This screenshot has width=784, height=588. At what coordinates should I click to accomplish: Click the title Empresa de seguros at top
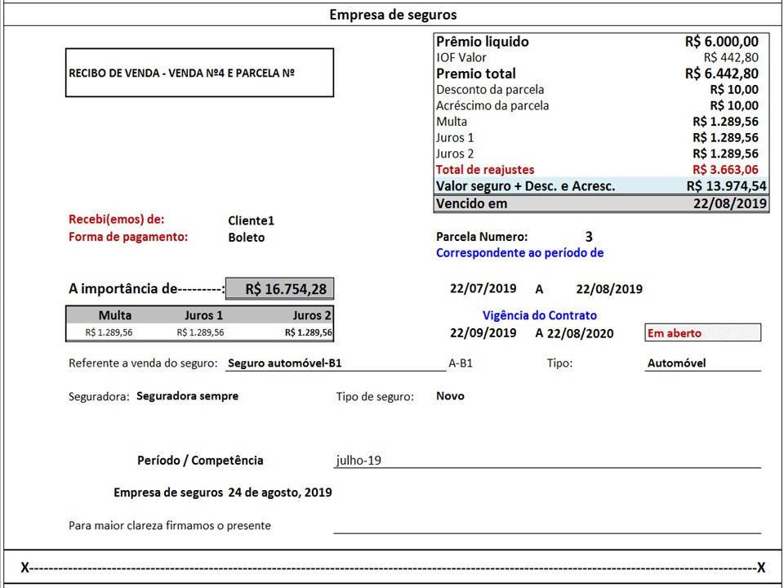pyautogui.click(x=393, y=15)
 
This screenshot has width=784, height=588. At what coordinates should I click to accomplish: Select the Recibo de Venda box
pyautogui.click(x=199, y=73)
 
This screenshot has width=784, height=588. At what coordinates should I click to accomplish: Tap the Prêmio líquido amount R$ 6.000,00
pyautogui.click(x=721, y=42)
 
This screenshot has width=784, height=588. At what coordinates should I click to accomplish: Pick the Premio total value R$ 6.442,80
pyautogui.click(x=721, y=73)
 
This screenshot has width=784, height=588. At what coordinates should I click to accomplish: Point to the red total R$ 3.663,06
pyautogui.click(x=724, y=170)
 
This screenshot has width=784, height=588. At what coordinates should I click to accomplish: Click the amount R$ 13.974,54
pyautogui.click(x=726, y=186)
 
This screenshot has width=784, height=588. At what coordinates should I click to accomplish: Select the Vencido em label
pyautogui.click(x=472, y=203)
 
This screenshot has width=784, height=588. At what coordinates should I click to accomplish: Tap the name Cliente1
pyautogui.click(x=252, y=220)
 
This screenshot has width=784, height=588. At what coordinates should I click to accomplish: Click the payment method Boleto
pyautogui.click(x=247, y=238)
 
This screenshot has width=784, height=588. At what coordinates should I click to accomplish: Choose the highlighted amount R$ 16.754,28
pyautogui.click(x=279, y=288)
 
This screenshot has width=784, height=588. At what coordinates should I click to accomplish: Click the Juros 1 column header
pyautogui.click(x=200, y=315)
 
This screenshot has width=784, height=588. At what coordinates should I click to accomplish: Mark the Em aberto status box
pyautogui.click(x=702, y=333)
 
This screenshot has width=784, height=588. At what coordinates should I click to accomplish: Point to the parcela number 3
pyautogui.click(x=589, y=237)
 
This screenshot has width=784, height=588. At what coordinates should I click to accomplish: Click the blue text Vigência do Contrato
pyautogui.click(x=539, y=315)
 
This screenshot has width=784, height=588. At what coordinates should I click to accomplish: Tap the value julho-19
pyautogui.click(x=359, y=460)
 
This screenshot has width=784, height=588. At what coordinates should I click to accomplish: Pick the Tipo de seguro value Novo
pyautogui.click(x=450, y=396)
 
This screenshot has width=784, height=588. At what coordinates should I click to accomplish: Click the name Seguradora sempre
pyautogui.click(x=187, y=396)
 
